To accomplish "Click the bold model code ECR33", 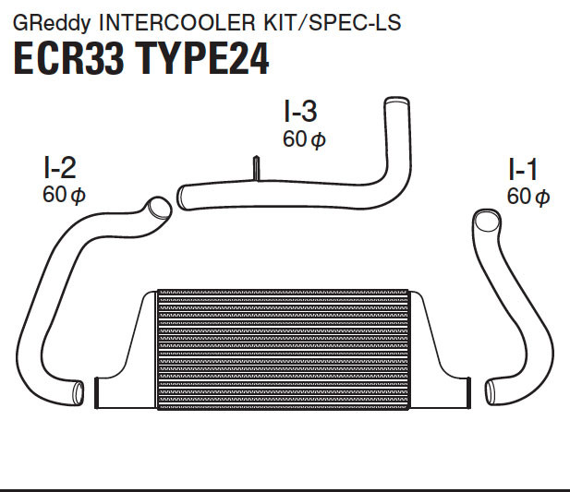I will tap(72, 58).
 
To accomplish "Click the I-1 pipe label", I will tap(523, 169).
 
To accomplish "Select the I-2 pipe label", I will tap(59, 167).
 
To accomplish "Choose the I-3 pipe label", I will tap(300, 112).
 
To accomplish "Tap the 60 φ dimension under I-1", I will tap(528, 196).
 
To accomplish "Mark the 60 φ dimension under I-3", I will tap(304, 138).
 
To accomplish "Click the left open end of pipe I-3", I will tap(182, 196).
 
